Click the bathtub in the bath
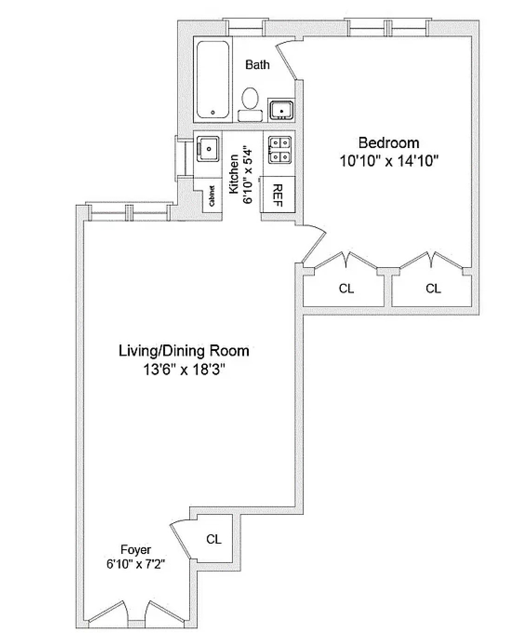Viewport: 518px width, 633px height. (213, 80)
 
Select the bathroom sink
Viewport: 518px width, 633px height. (281, 110)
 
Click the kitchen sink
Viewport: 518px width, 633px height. (208, 149)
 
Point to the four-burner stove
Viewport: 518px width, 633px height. (280, 150)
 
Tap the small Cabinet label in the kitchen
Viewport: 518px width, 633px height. (212, 196)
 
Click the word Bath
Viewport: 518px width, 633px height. (257, 65)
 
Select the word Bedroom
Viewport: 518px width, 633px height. (389, 142)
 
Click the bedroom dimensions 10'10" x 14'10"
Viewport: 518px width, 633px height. (389, 161)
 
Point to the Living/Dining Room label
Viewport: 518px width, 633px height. (184, 350)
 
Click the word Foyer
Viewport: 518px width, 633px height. (136, 550)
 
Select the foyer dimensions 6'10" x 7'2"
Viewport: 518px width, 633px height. (136, 564)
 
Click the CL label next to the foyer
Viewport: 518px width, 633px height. (214, 539)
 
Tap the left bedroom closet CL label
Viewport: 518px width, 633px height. (346, 289)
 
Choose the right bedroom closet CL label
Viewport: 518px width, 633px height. (433, 289)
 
